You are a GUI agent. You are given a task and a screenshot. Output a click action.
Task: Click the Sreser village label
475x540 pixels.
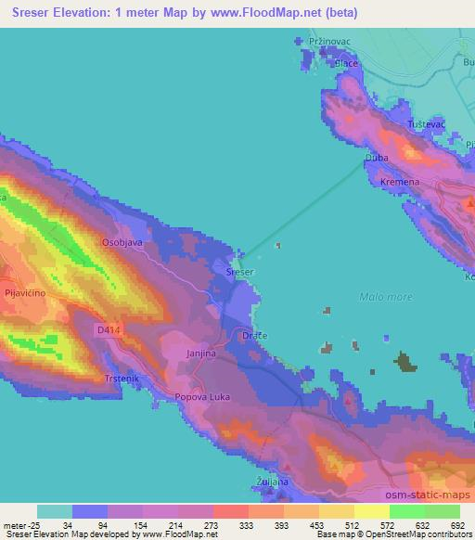(240, 272)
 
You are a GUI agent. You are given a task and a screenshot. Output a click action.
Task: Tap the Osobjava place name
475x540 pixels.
(122, 241)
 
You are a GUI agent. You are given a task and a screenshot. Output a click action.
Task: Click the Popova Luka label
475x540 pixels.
(202, 396)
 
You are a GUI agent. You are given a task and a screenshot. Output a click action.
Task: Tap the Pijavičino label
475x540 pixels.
(25, 292)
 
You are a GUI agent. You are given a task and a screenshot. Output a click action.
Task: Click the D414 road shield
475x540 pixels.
(108, 329)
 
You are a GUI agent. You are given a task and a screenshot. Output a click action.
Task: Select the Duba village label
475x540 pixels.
(377, 159)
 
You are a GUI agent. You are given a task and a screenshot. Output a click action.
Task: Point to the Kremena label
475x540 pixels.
(400, 182)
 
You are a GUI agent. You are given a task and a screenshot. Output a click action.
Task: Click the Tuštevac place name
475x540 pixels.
(428, 123)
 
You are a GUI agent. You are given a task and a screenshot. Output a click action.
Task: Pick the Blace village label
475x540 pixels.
(346, 63)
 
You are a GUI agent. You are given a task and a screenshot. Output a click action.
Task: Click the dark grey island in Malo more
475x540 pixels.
(404, 362)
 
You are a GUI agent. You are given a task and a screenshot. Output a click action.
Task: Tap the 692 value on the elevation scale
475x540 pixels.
(459, 524)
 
